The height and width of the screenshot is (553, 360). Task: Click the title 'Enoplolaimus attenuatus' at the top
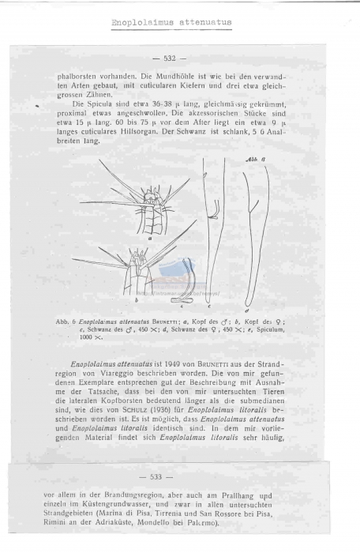coord(172,22)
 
